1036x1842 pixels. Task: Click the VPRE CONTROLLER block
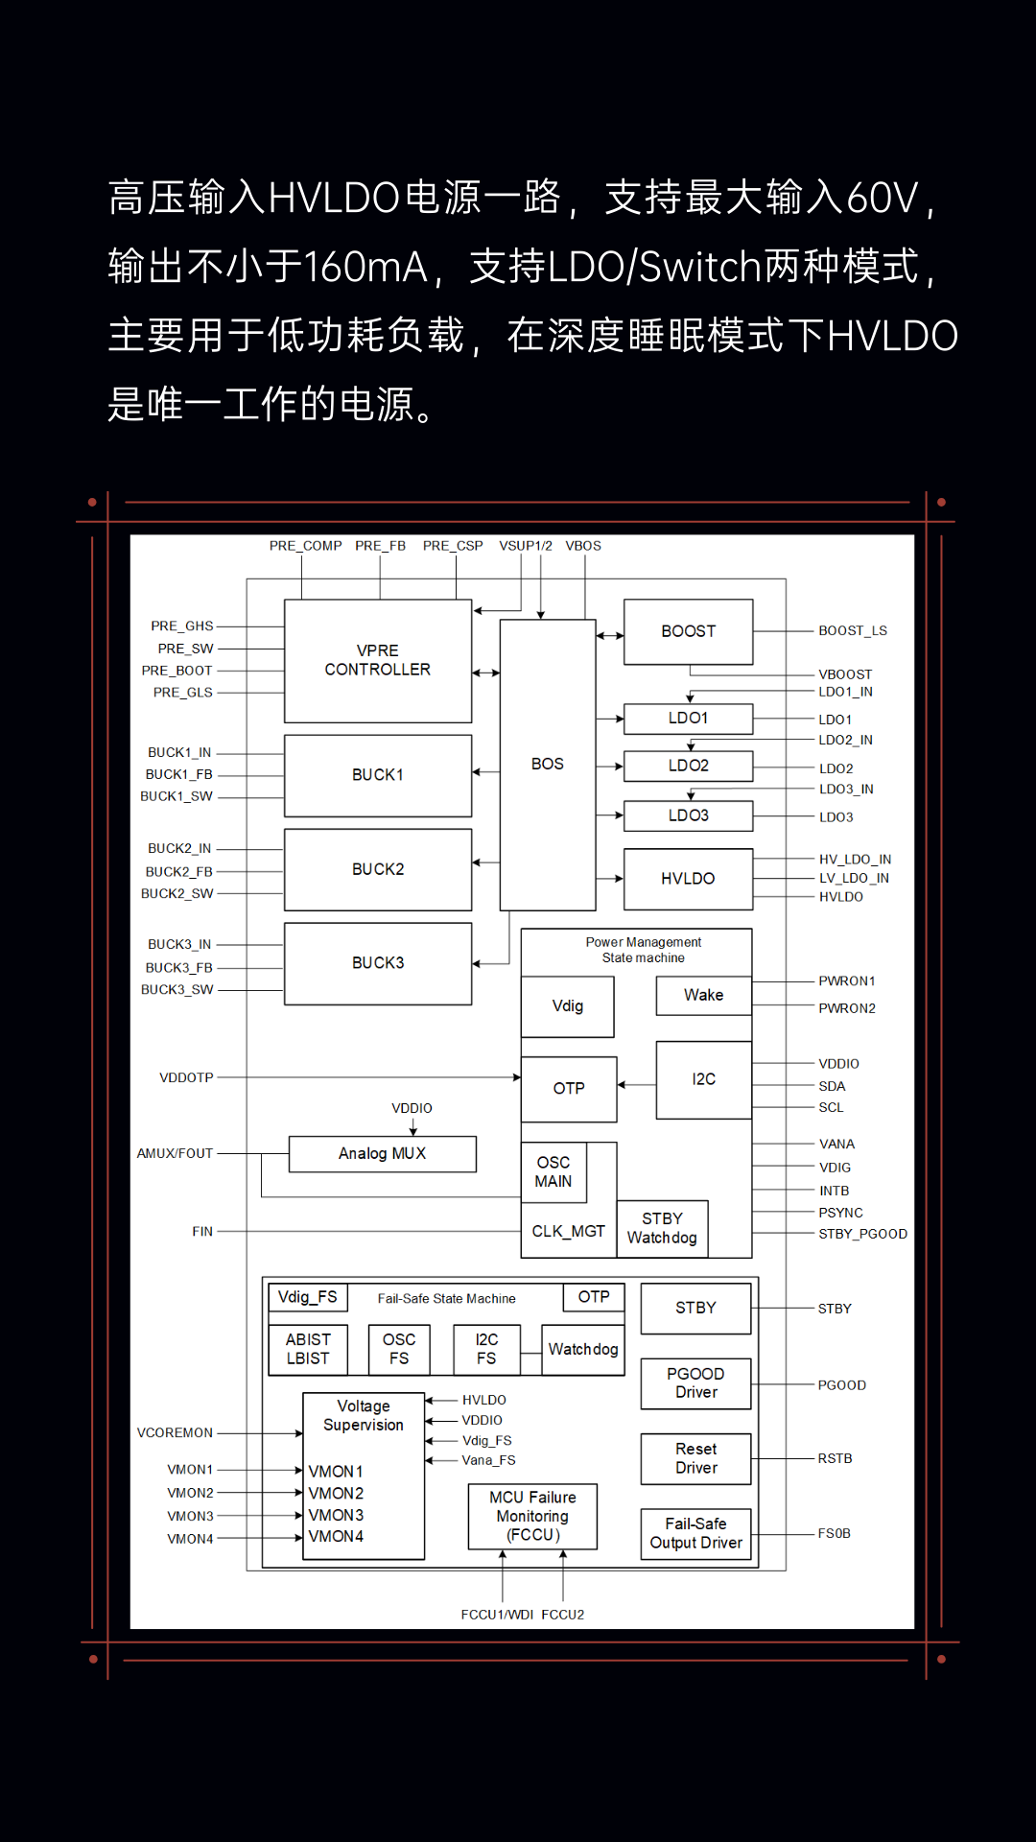(x=378, y=660)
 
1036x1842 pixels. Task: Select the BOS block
(x=548, y=764)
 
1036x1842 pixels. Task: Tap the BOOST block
(x=688, y=631)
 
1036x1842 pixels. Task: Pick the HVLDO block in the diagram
(x=688, y=878)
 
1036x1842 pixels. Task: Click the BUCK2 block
(x=378, y=869)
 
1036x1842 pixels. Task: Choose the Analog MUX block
(x=382, y=1153)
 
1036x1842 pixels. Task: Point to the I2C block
(x=703, y=1079)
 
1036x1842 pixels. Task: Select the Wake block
(x=703, y=996)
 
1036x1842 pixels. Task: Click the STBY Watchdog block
(x=662, y=1228)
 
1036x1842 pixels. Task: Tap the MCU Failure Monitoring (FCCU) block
(x=532, y=1516)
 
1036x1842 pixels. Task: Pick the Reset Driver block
(x=695, y=1458)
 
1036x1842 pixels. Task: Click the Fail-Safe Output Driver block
(x=695, y=1533)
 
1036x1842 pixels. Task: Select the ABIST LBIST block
(x=308, y=1349)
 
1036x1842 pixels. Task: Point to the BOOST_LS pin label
(x=852, y=631)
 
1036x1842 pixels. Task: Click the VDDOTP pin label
(x=186, y=1078)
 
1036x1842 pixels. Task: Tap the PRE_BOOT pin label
(x=177, y=671)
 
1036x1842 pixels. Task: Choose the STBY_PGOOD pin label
(x=862, y=1234)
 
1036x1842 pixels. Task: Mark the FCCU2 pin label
(x=562, y=1615)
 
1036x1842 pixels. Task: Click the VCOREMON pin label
(x=175, y=1433)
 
